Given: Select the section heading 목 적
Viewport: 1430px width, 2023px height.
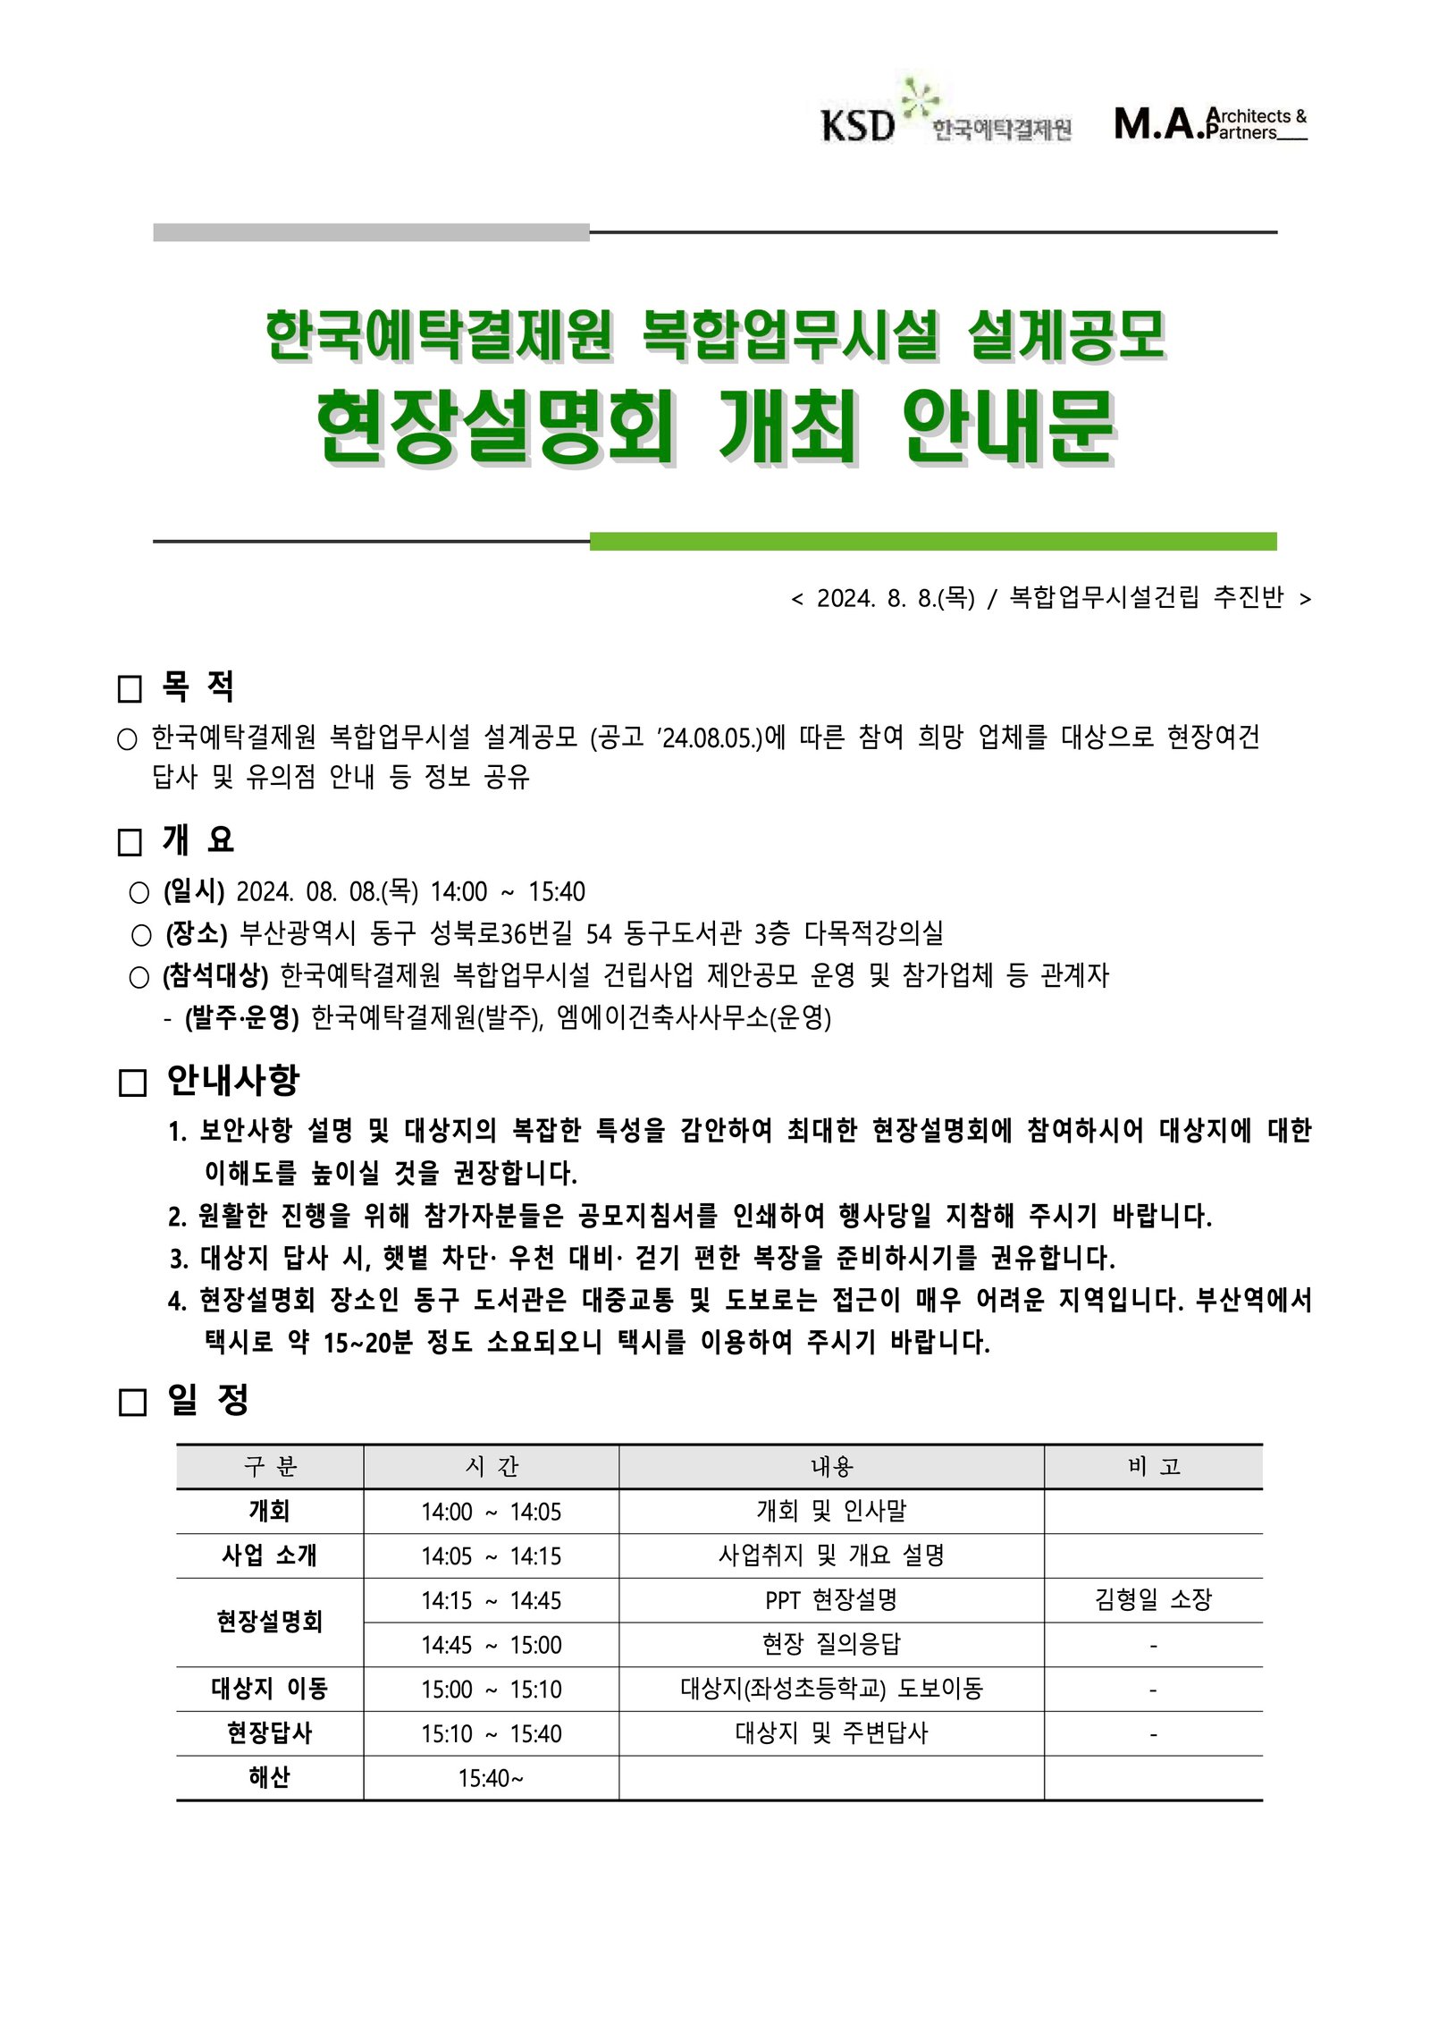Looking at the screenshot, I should [198, 687].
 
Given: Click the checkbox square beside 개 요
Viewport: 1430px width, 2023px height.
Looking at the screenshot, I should [130, 842].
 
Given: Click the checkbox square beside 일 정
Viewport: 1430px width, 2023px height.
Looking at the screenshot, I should [132, 1402].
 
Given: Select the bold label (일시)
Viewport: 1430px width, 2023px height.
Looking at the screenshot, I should [194, 891].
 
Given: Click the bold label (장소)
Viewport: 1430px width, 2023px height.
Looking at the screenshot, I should [197, 933].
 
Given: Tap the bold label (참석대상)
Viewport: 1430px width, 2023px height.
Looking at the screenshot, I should [215, 975].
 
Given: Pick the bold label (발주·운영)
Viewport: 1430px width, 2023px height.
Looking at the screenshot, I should [241, 1017].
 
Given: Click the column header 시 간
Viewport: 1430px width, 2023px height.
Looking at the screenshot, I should [491, 1467].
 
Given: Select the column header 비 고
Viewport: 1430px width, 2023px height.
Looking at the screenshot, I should [1153, 1467].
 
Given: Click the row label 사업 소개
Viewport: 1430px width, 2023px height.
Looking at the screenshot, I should [269, 1555].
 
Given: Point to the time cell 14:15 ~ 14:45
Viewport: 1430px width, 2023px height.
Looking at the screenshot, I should [491, 1600].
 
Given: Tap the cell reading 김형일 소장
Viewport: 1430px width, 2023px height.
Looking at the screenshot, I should [1153, 1599].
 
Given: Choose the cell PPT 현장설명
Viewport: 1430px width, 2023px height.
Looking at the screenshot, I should [831, 1600].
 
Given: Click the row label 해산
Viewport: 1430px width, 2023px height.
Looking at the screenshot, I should [269, 1777].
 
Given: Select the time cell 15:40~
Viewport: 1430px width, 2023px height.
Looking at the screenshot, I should [491, 1778].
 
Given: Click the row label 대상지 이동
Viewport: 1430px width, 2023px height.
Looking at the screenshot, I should [269, 1689].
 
